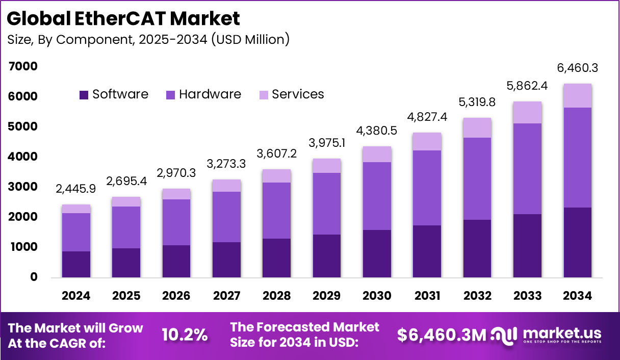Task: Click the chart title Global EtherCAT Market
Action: click(x=123, y=19)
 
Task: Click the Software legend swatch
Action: click(x=84, y=95)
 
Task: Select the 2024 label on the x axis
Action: click(x=76, y=296)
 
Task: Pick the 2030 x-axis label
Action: click(x=377, y=296)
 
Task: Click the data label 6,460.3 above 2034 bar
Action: click(x=577, y=68)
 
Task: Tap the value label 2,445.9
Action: click(x=76, y=189)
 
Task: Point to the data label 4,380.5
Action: click(x=377, y=131)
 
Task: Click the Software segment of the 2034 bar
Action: click(x=577, y=242)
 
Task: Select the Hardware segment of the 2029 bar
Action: click(x=327, y=203)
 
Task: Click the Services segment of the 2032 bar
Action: click(x=477, y=127)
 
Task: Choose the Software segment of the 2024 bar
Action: click(x=76, y=264)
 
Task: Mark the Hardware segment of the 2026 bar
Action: click(x=176, y=222)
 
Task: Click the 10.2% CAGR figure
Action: click(x=185, y=335)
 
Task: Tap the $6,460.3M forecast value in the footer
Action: click(x=442, y=335)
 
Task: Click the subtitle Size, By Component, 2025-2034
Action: click(x=148, y=39)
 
